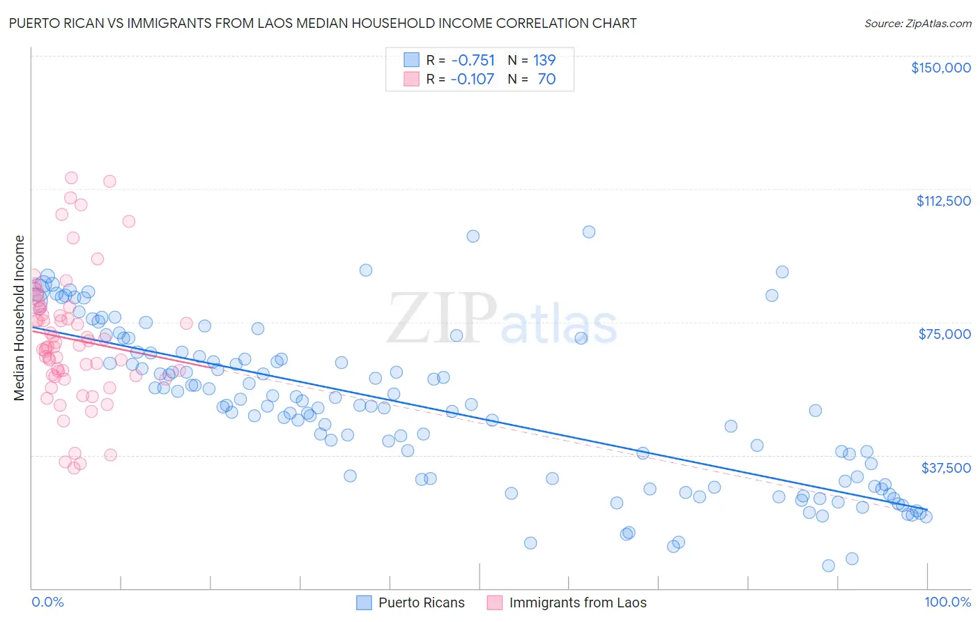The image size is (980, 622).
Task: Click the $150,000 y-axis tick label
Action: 940,68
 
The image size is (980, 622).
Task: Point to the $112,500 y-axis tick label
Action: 943,201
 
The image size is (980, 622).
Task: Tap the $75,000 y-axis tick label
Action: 944,334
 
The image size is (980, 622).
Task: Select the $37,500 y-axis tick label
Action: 946,468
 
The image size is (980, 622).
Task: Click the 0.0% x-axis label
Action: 47,602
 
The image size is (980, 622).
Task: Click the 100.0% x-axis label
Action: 947,602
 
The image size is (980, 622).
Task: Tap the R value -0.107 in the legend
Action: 472,79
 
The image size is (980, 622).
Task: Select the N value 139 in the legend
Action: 544,61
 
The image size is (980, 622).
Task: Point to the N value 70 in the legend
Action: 546,79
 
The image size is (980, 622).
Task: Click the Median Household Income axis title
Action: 19,318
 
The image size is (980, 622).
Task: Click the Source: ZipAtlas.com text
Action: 917,24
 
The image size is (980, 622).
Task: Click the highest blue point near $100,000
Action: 589,232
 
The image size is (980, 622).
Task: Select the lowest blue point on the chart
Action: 828,566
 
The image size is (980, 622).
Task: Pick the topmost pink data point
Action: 71,178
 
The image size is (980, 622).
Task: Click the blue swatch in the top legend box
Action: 411,61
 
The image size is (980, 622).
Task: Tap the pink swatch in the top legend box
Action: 411,79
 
